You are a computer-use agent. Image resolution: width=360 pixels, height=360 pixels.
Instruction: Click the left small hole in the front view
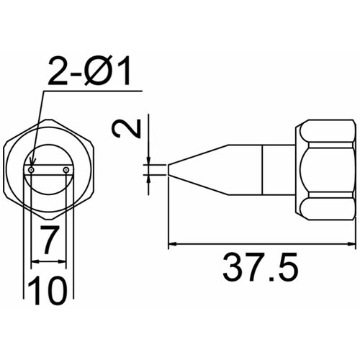coord(32,170)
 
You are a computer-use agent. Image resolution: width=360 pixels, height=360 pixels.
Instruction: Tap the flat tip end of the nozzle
coord(168,170)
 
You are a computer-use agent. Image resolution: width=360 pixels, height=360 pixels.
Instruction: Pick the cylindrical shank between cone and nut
coord(277,170)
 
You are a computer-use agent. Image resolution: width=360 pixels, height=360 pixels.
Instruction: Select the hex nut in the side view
coord(326,170)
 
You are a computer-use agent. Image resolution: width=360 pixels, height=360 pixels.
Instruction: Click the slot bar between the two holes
coord(49,170)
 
